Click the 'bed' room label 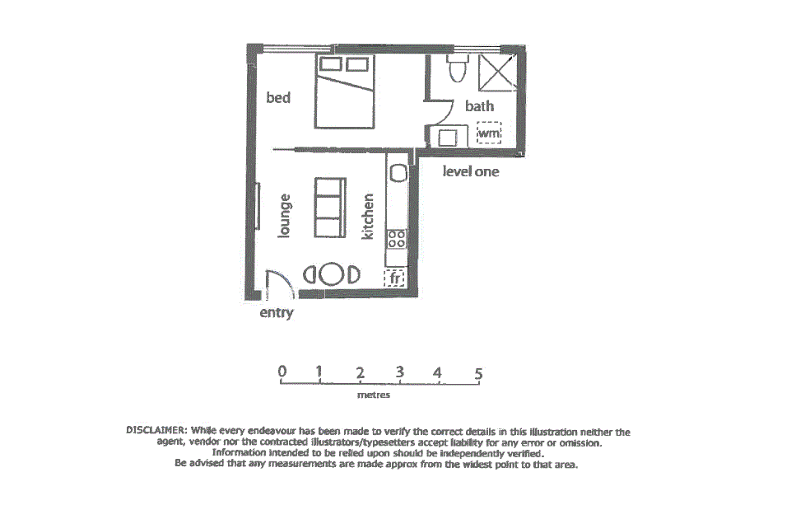tap(278, 98)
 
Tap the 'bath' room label tap(479, 105)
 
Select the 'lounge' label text tap(286, 216)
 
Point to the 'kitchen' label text tap(368, 217)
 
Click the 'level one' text tap(471, 172)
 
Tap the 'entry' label tap(276, 313)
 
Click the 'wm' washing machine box tap(489, 133)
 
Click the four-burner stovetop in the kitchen tap(397, 239)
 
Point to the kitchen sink tap(398, 173)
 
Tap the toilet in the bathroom tap(457, 69)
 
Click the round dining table tap(333, 274)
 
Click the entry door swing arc tap(277, 284)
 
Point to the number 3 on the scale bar tap(399, 372)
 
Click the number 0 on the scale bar tap(282, 372)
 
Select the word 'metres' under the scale tap(374, 395)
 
